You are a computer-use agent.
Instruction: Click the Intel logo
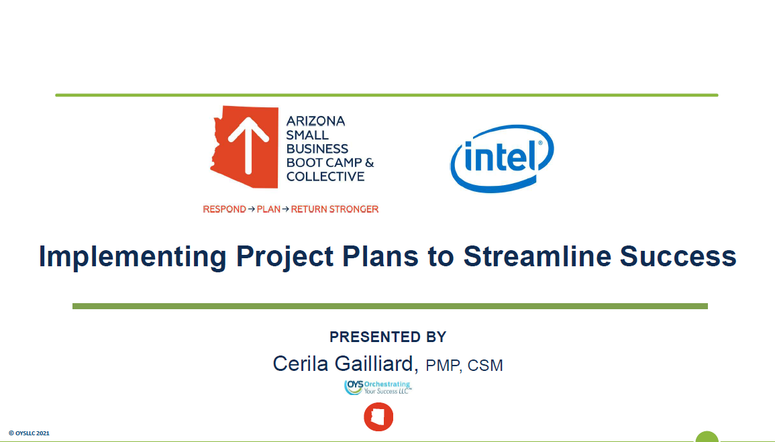pyautogui.click(x=502, y=158)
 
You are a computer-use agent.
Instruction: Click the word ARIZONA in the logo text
pyautogui.click(x=315, y=121)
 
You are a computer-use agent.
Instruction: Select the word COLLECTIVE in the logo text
pyautogui.click(x=325, y=176)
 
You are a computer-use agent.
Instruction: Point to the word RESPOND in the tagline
pyautogui.click(x=224, y=209)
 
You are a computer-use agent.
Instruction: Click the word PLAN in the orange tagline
pyautogui.click(x=268, y=209)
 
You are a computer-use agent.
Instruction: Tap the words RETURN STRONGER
pyautogui.click(x=335, y=209)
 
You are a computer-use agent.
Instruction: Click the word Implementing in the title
pyautogui.click(x=132, y=257)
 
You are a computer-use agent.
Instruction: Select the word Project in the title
pyautogui.click(x=285, y=257)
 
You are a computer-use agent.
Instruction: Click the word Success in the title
pyautogui.click(x=678, y=256)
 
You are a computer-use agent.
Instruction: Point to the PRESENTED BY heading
pyautogui.click(x=388, y=337)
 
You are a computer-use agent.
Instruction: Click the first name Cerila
pyautogui.click(x=301, y=364)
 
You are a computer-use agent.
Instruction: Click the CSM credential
pyautogui.click(x=485, y=366)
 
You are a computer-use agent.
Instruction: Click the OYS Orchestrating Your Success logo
pyautogui.click(x=378, y=387)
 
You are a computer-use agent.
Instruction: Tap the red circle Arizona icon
pyautogui.click(x=378, y=417)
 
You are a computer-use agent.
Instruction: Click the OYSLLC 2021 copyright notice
pyautogui.click(x=29, y=433)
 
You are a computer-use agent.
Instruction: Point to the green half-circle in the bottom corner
pyautogui.click(x=707, y=437)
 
